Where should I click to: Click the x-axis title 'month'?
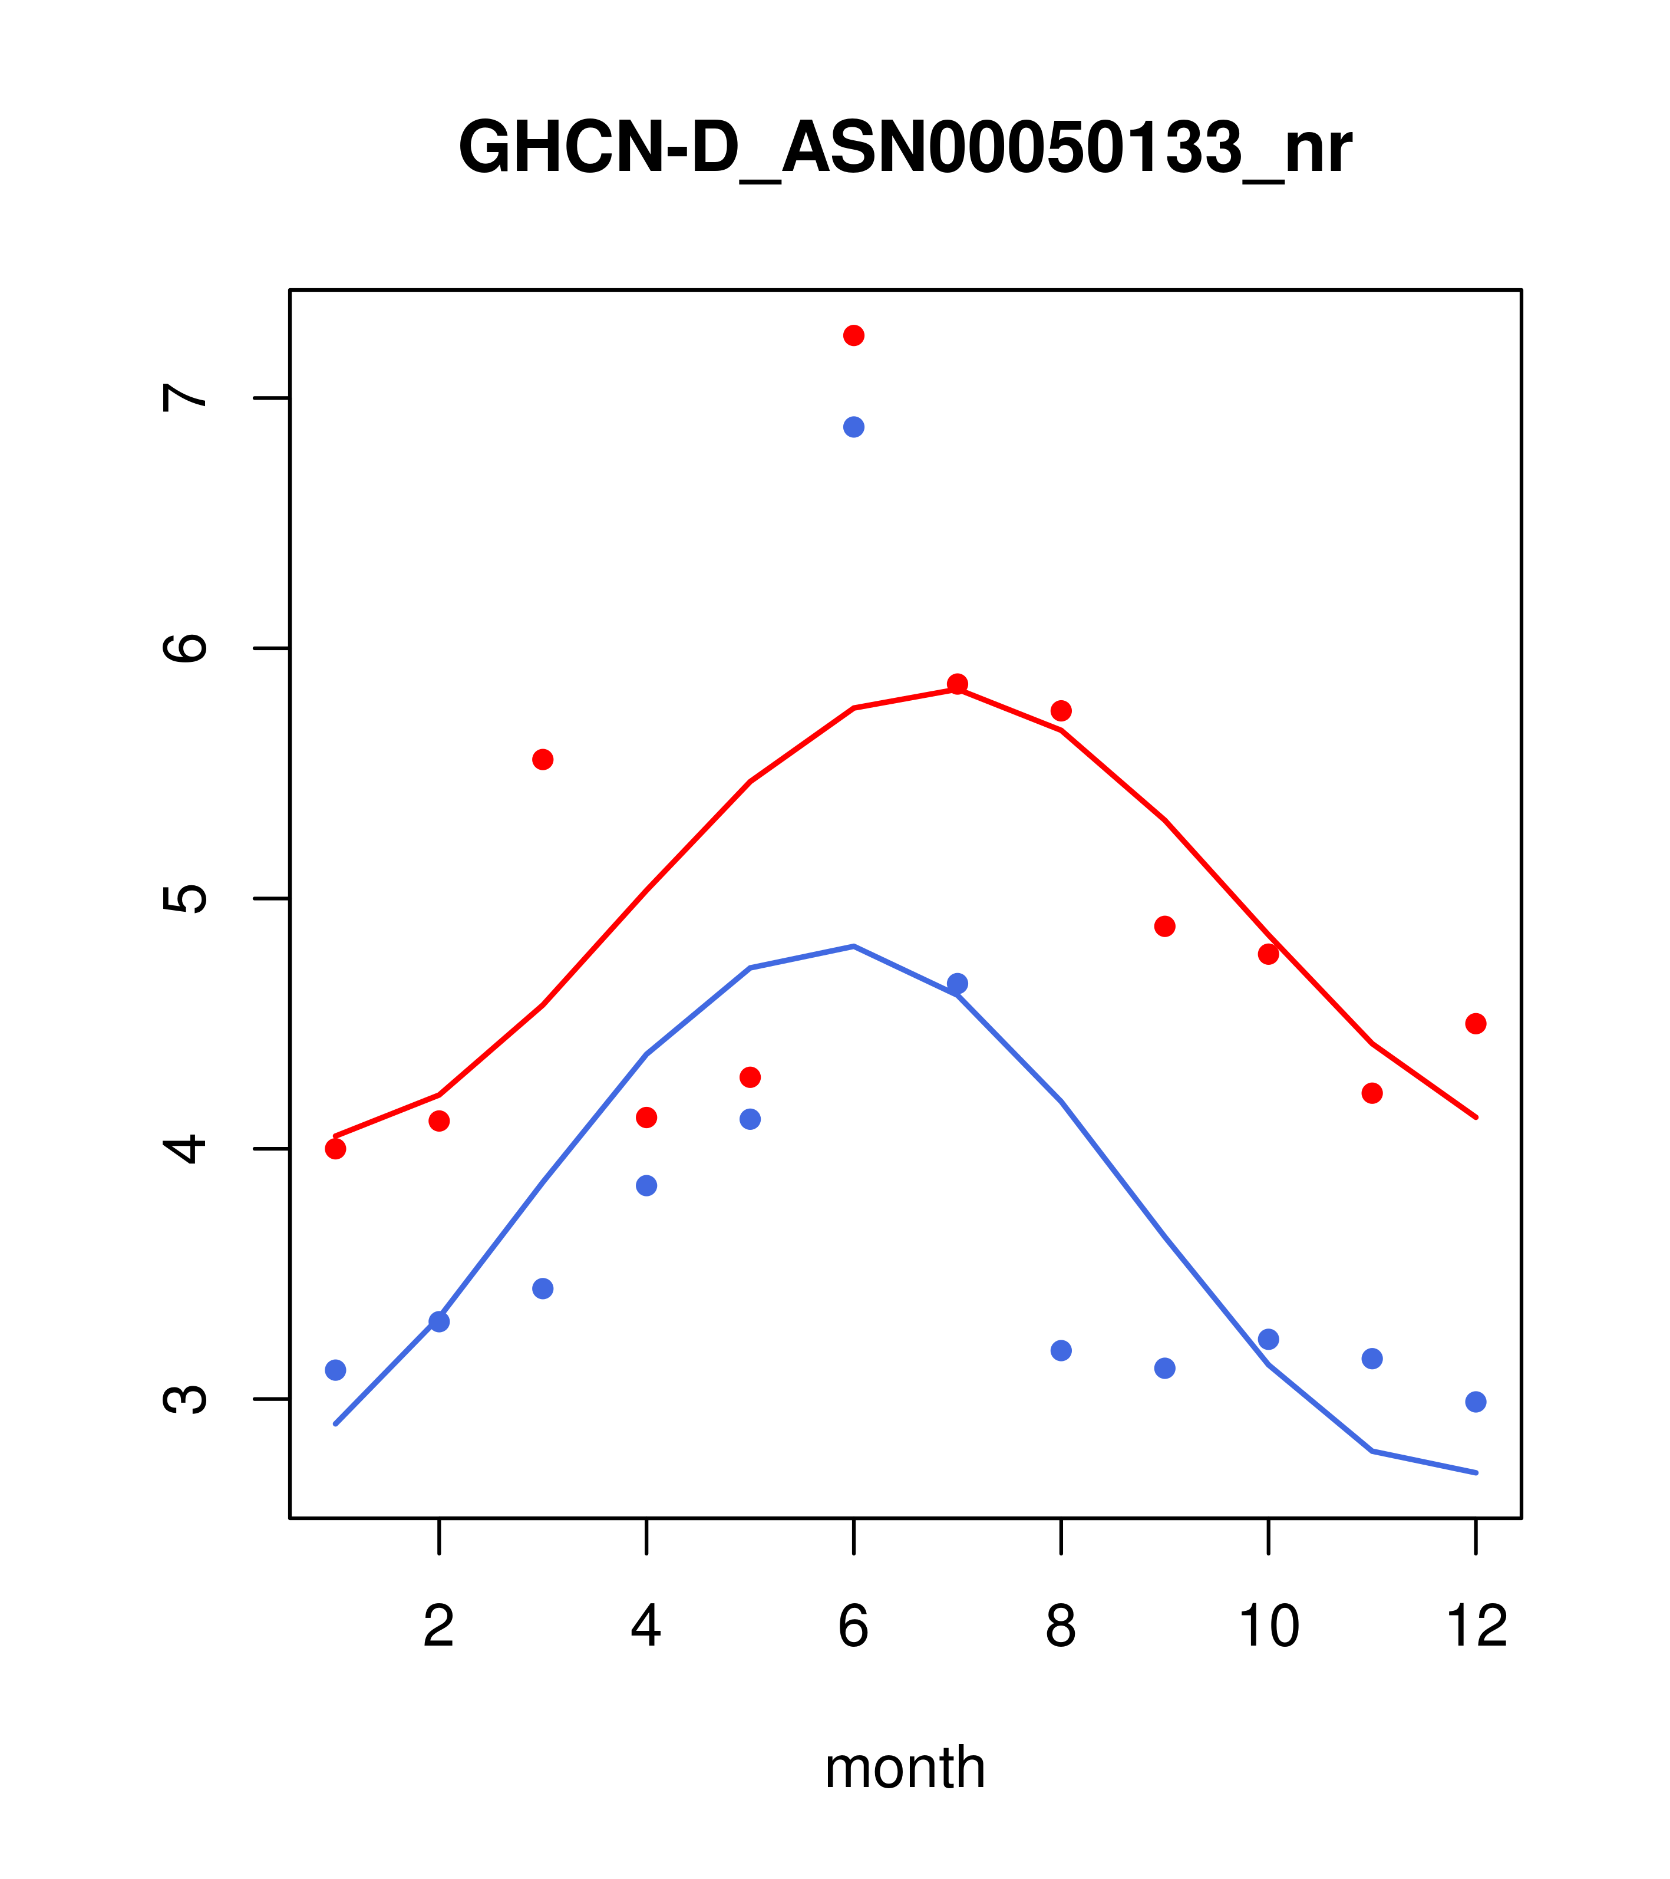click(905, 1767)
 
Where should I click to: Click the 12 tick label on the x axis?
click(1476, 1627)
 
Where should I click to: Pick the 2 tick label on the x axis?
click(440, 1627)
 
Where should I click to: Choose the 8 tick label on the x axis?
click(1061, 1627)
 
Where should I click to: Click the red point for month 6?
click(854, 335)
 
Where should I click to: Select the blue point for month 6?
click(854, 427)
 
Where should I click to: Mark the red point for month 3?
click(543, 759)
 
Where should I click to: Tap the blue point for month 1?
click(335, 1370)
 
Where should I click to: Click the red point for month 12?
click(1476, 1024)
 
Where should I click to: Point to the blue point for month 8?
click(1061, 1350)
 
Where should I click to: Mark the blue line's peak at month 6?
click(854, 946)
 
